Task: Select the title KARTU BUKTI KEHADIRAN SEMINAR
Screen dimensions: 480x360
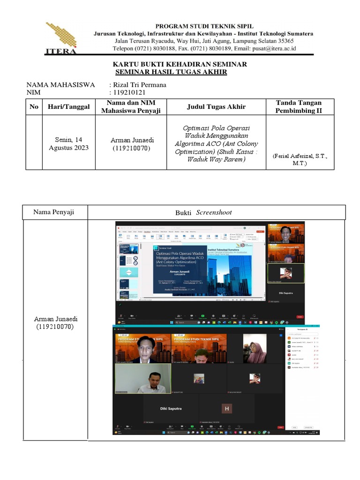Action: (x=180, y=64)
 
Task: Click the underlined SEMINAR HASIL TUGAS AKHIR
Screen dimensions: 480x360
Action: (x=171, y=72)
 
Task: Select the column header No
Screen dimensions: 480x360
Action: (x=34, y=107)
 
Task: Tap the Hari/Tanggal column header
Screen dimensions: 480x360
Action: (x=68, y=107)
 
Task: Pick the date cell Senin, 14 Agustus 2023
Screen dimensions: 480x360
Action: (x=68, y=144)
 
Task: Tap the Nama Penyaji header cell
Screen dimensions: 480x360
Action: (x=54, y=212)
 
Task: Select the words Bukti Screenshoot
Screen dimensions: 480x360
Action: (x=203, y=212)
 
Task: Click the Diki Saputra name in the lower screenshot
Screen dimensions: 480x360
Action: (x=171, y=409)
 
